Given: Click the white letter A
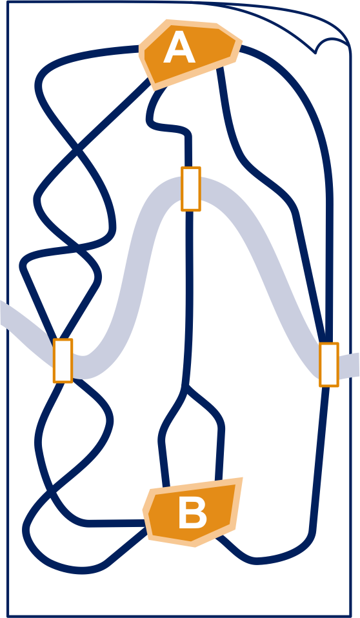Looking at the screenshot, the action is [179, 48].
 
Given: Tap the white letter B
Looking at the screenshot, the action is [192, 512].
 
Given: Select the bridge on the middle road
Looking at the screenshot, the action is [191, 189].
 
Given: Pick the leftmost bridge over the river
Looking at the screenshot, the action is [63, 361].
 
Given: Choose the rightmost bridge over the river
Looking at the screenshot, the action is [329, 364].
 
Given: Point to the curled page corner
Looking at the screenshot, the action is [331, 44].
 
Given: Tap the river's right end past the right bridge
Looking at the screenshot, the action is [357, 364].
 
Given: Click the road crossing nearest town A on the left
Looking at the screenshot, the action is [76, 150].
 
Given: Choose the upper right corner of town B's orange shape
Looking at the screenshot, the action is [241, 479].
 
